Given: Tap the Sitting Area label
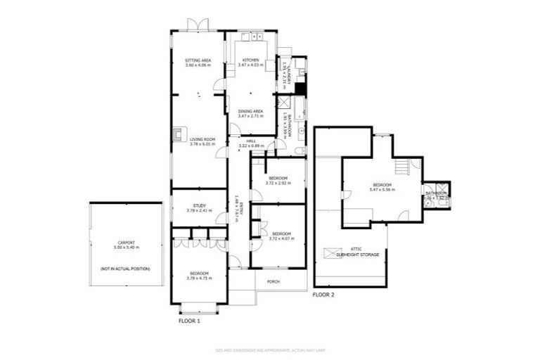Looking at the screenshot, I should pos(198,61).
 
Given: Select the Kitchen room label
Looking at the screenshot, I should pos(250,61).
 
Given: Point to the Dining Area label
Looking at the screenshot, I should pos(250,111).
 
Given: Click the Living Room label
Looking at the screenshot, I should pos(201,139).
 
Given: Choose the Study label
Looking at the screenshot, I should pos(199,205).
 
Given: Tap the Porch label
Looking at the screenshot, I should pos(273,281).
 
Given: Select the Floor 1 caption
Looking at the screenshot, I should pos(190,321).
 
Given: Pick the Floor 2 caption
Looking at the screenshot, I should pos(323,295).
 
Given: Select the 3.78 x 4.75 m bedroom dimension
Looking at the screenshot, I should pos(198,278).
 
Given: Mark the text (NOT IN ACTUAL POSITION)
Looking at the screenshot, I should pos(127,269).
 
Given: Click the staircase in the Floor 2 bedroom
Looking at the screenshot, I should pos(402,167).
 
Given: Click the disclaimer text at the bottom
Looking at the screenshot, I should pos(269,349).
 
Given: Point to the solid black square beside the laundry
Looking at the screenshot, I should pos(300,89).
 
